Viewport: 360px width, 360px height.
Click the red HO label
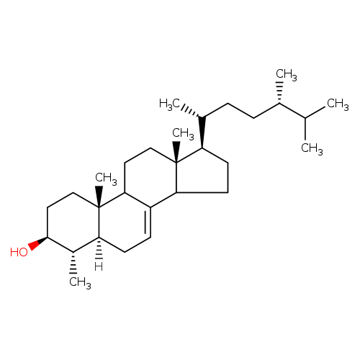point(19,252)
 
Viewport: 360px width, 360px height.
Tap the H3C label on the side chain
point(169,104)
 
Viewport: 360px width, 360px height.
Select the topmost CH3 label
point(287,75)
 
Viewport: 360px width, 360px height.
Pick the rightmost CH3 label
point(338,104)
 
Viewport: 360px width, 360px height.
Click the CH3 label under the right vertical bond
point(312,148)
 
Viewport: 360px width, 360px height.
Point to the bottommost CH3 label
point(80,282)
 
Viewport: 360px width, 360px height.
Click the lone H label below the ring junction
point(99,266)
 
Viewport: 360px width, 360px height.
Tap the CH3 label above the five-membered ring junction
point(183,134)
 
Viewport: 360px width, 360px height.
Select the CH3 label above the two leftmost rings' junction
point(106,179)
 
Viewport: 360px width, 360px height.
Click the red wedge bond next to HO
point(38,243)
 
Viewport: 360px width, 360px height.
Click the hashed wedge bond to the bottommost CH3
point(73,263)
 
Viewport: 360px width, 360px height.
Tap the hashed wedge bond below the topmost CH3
point(279,92)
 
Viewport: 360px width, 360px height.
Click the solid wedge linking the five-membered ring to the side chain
point(202,132)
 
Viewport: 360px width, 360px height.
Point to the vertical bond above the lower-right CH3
point(305,129)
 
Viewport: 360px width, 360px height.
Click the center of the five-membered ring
point(202,174)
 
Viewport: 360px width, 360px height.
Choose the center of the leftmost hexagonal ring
point(73,222)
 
